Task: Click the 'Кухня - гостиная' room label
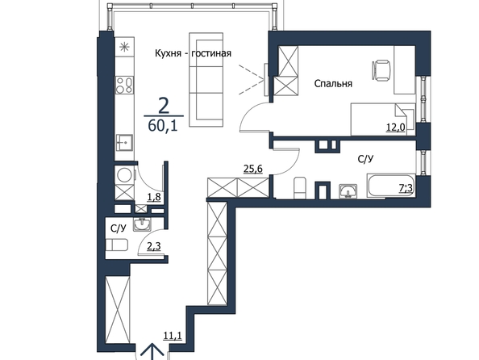click(x=193, y=53)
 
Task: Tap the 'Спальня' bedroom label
click(x=333, y=83)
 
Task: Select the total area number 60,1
click(x=163, y=125)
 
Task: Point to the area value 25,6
click(x=253, y=169)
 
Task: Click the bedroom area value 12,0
click(x=396, y=128)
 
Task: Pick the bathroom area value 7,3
click(x=406, y=188)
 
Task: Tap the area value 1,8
click(x=154, y=197)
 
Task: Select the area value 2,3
click(x=154, y=246)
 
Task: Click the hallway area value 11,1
click(x=173, y=336)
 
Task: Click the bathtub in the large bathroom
click(x=391, y=186)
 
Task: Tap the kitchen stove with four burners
click(x=124, y=85)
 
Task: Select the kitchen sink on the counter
click(x=124, y=143)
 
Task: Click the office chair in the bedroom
click(x=381, y=70)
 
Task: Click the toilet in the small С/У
click(x=116, y=245)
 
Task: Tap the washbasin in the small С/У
click(x=142, y=224)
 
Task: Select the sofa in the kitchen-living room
click(x=206, y=80)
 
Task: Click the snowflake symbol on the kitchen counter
click(x=124, y=47)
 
